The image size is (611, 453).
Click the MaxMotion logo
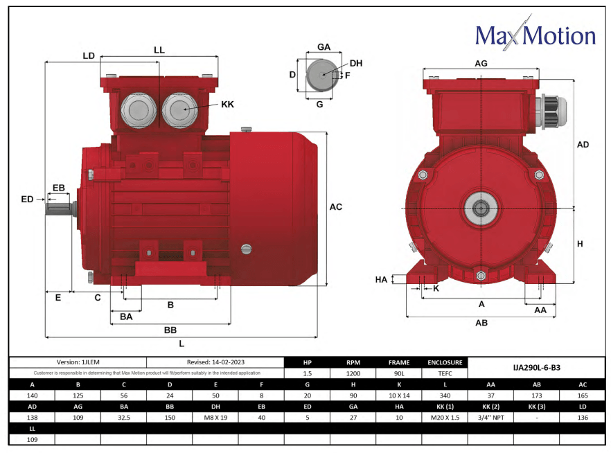coord(535,35)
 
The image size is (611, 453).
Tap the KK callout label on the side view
coord(227,105)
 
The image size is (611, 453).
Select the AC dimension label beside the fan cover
coord(335,206)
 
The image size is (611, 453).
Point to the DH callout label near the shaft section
coord(355,63)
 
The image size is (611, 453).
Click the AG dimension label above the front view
coord(481,63)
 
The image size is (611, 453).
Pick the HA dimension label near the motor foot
coord(381,280)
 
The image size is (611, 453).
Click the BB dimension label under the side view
coord(170,330)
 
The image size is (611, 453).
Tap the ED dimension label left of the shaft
coord(27,199)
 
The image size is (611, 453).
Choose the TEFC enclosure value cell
coord(444,373)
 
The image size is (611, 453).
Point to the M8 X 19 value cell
coord(215,418)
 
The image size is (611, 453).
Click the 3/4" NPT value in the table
coord(490,418)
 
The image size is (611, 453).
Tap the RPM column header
coord(353,362)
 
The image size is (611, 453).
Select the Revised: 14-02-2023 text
coord(215,362)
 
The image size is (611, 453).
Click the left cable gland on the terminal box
coord(138,109)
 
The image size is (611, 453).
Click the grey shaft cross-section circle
coord(320,74)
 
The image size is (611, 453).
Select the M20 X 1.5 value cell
coord(444,418)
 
